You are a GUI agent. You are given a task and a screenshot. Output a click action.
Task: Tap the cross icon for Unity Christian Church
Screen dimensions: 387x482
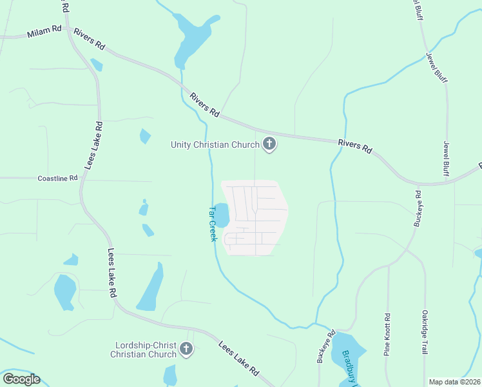[269, 144]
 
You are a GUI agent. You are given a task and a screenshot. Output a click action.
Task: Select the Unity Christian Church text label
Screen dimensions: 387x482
[215, 144]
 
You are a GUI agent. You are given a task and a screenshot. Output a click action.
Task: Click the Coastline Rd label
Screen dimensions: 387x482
[57, 178]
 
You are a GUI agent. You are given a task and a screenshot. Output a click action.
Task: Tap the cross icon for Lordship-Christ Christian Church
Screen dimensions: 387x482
[186, 350]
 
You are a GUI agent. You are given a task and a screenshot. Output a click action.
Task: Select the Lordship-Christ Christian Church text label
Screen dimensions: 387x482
[143, 350]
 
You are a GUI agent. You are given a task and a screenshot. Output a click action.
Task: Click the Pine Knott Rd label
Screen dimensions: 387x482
[387, 334]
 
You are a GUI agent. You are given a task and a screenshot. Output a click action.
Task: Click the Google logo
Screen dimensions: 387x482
[21, 379]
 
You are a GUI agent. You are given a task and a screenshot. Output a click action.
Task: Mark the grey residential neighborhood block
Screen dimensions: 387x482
[255, 217]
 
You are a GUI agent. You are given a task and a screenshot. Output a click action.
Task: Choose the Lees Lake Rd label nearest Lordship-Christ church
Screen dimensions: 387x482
[238, 359]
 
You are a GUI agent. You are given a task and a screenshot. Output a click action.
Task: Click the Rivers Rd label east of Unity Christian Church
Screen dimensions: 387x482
[356, 146]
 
